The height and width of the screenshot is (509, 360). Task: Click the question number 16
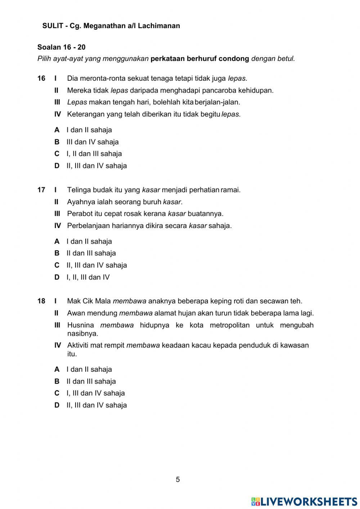point(41,78)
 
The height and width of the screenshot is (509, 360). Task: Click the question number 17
point(41,190)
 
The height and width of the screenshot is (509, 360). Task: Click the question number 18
point(41,301)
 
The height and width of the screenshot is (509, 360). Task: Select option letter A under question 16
point(57,130)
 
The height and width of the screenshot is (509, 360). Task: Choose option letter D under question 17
point(57,277)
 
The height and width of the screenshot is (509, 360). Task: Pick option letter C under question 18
point(57,393)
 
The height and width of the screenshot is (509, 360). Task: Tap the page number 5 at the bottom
point(178,479)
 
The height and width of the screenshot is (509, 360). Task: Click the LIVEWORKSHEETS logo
point(304,501)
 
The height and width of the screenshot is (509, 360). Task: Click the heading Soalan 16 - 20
point(61,47)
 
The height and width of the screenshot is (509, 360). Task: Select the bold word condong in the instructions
point(234,59)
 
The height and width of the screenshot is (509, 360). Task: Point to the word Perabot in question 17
point(80,214)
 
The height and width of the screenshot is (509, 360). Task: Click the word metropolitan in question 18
point(220,325)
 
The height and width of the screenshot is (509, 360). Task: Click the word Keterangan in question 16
point(85,115)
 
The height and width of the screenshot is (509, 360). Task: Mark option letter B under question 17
point(57,253)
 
